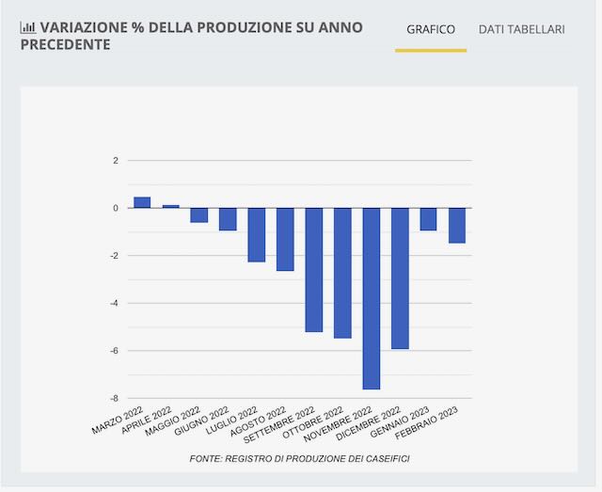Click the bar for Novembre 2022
(371, 298)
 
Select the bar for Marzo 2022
(142, 202)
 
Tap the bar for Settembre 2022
(313, 270)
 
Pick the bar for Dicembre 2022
(400, 278)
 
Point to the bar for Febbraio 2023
(457, 226)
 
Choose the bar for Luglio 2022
(256, 235)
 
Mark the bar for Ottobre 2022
(342, 273)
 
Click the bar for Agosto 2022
(285, 240)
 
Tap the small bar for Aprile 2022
(170, 206)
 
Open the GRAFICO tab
(431, 29)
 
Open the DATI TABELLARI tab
(521, 29)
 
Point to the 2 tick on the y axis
(116, 161)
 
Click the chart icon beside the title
(26, 27)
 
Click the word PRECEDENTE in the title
(64, 45)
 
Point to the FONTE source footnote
(299, 458)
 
